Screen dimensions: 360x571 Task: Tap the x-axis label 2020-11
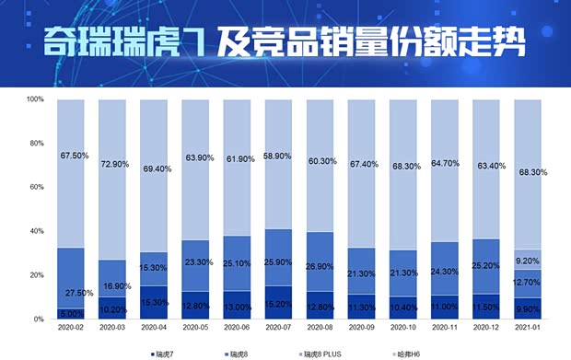(x=446, y=327)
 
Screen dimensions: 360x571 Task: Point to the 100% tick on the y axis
(x=36, y=99)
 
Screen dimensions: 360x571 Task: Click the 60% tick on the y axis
(x=36, y=187)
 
